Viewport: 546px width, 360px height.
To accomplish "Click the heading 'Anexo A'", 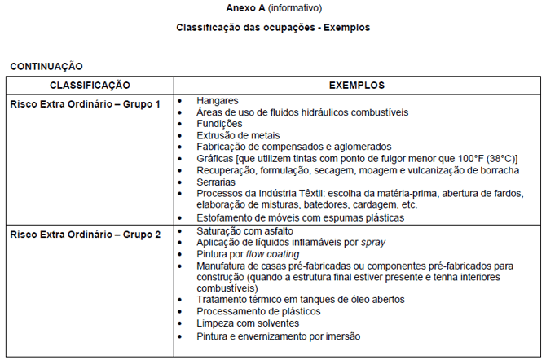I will point(244,8).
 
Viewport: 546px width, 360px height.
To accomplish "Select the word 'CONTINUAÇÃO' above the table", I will point(46,67).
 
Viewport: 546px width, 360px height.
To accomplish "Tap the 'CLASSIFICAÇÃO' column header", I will point(90,86).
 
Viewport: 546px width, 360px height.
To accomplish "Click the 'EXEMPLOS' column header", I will point(357,86).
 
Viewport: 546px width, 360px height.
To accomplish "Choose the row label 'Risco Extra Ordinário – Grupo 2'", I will point(85,235).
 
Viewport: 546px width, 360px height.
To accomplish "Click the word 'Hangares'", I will point(217,101).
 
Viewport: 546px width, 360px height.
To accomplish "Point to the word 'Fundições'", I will point(219,124).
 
